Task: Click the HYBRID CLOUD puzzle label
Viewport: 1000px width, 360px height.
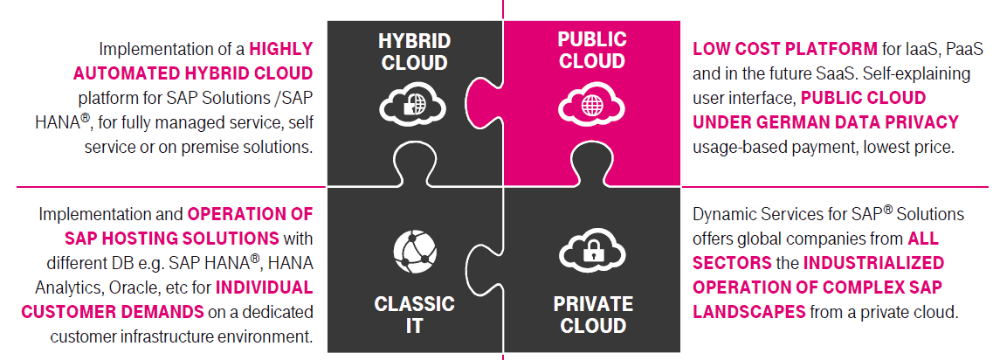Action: pyautogui.click(x=414, y=52)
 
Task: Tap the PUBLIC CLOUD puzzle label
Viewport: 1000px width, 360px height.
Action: pyautogui.click(x=592, y=50)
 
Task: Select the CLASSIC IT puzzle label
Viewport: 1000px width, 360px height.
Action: pyautogui.click(x=414, y=315)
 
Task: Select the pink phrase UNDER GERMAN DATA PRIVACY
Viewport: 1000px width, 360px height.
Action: pyautogui.click(x=825, y=122)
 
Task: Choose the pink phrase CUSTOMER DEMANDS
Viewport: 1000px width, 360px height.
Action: pyautogui.click(x=112, y=311)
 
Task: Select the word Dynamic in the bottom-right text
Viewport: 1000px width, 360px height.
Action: pyautogui.click(x=724, y=213)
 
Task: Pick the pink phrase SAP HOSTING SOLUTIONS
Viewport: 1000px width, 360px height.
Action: pyautogui.click(x=171, y=238)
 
